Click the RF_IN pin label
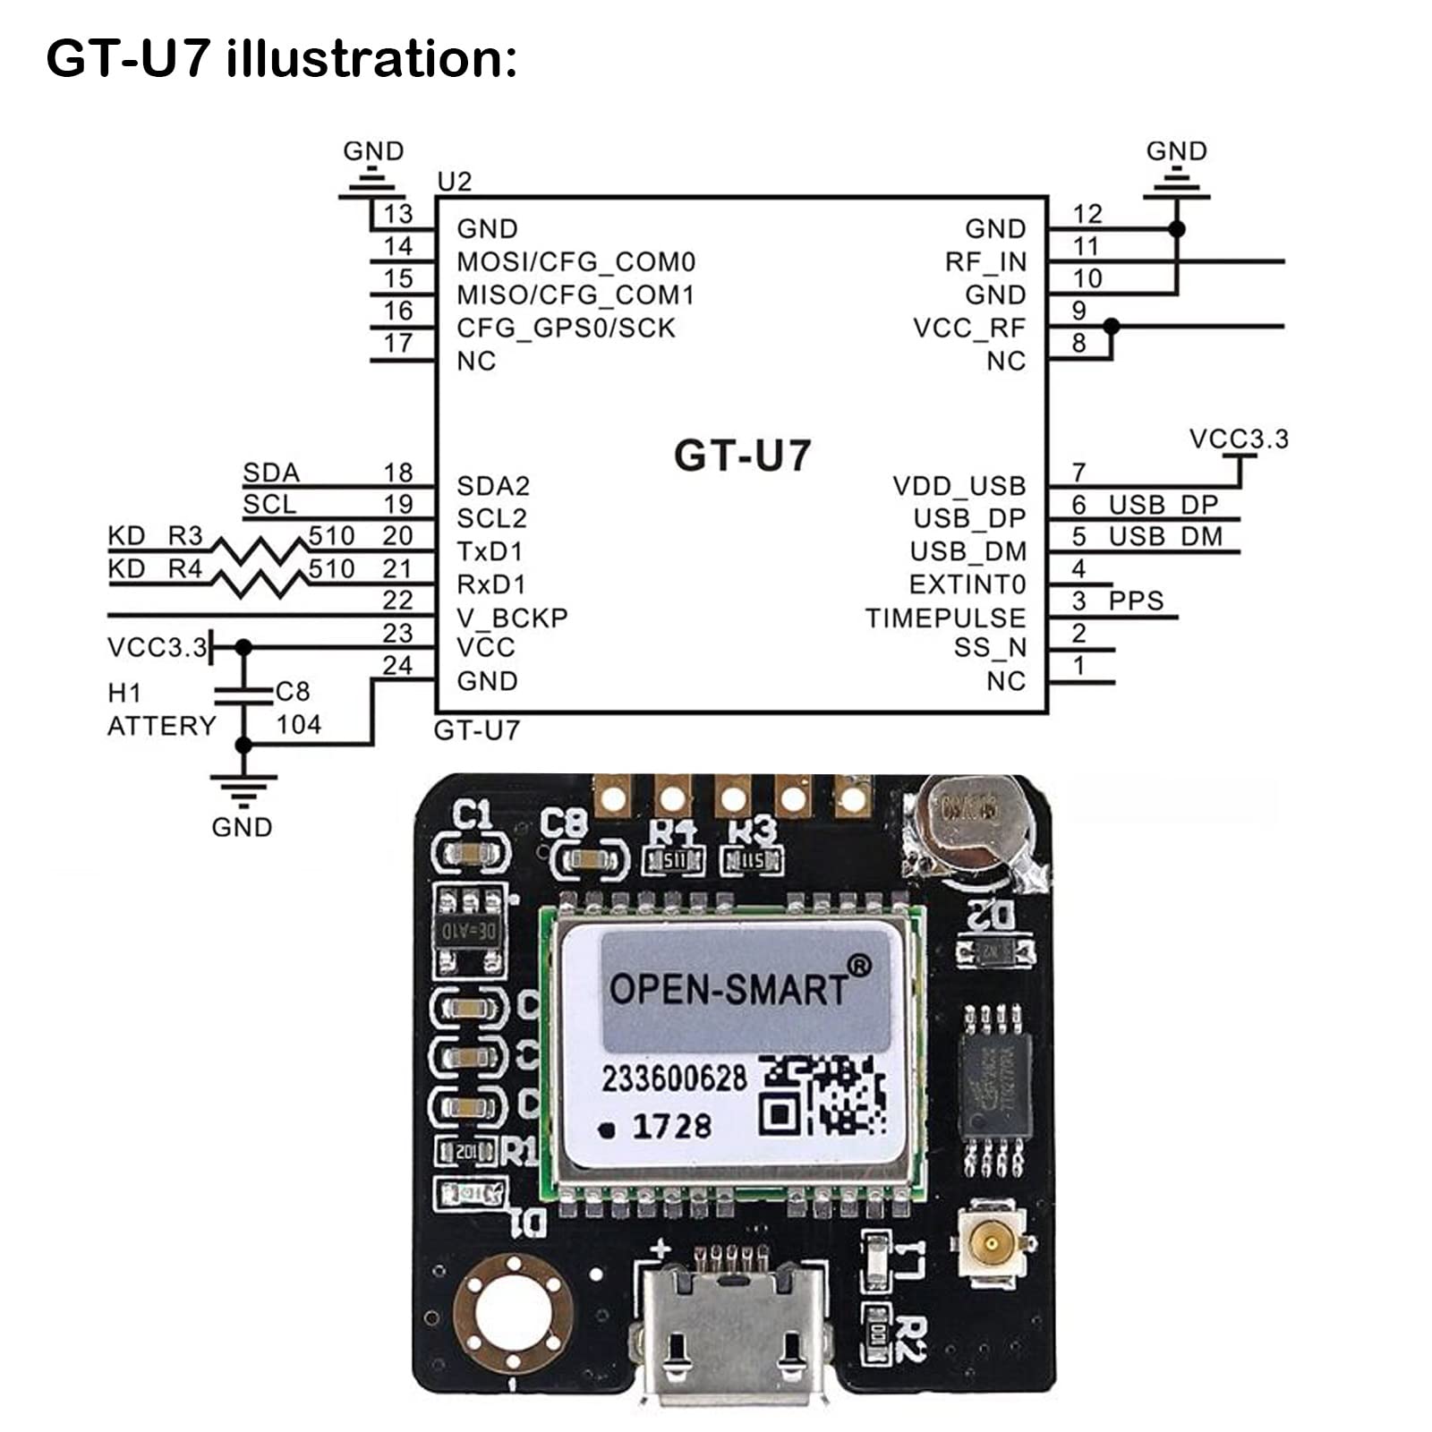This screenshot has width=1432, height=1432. coord(985,262)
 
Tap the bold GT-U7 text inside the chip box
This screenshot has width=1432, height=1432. coord(742,455)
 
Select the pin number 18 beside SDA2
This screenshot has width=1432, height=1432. coord(398,472)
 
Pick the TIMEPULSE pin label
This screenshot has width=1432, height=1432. coord(945,618)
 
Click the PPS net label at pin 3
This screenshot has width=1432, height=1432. coord(1136,601)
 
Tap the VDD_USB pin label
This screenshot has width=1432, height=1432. coord(959,486)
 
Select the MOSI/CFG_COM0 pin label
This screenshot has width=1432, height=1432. coord(575,262)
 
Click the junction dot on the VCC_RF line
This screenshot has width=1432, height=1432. coord(1111,327)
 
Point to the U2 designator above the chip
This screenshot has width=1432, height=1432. coord(454,182)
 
